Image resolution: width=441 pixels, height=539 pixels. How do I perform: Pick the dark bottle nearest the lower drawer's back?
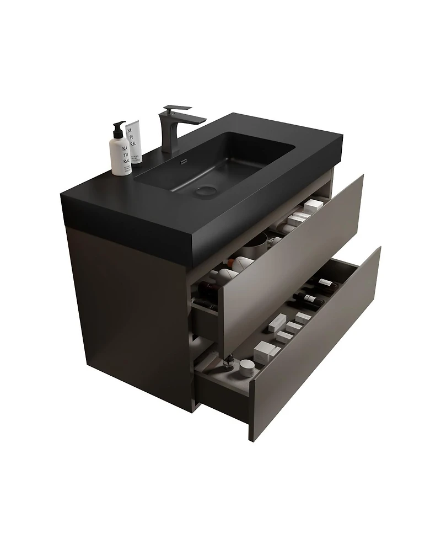pos(325,284)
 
